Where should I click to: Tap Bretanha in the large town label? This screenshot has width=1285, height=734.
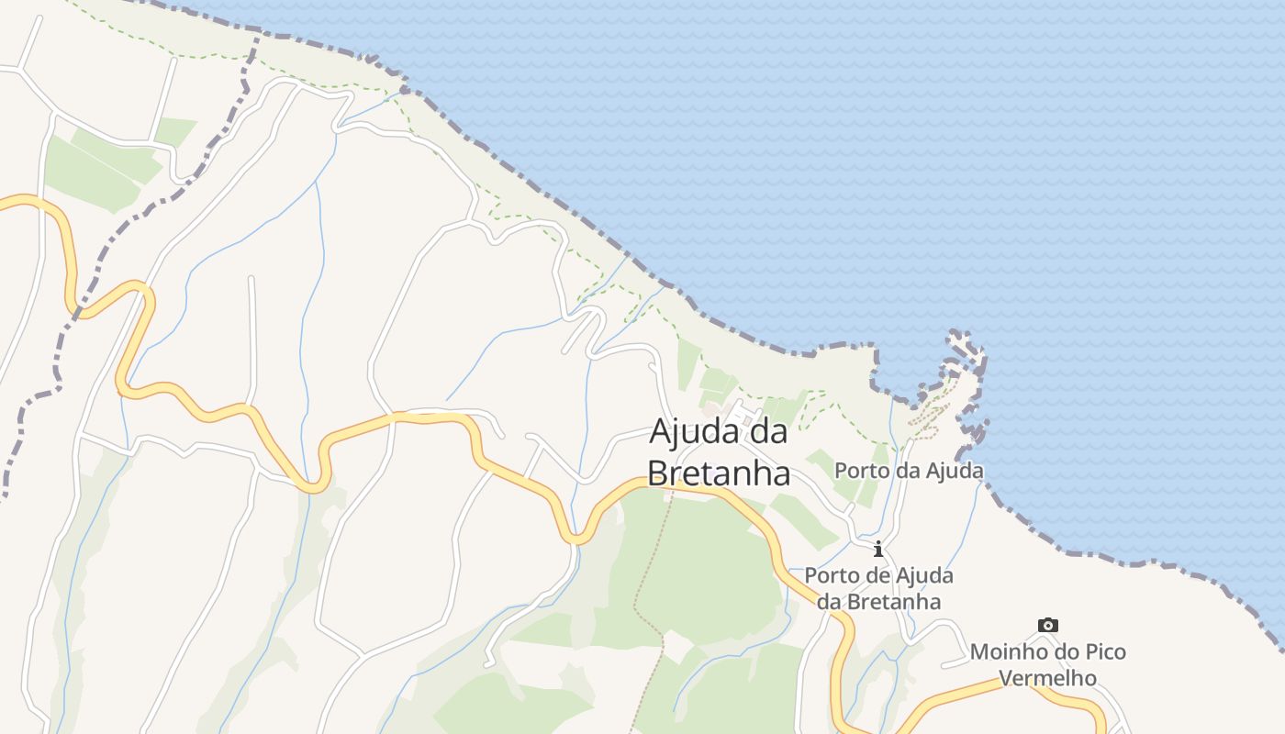(x=719, y=473)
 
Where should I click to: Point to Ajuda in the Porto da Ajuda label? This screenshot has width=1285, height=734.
(x=956, y=471)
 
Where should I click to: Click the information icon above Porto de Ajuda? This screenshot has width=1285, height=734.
(x=878, y=550)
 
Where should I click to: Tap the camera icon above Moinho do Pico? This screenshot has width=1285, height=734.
(x=1047, y=626)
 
